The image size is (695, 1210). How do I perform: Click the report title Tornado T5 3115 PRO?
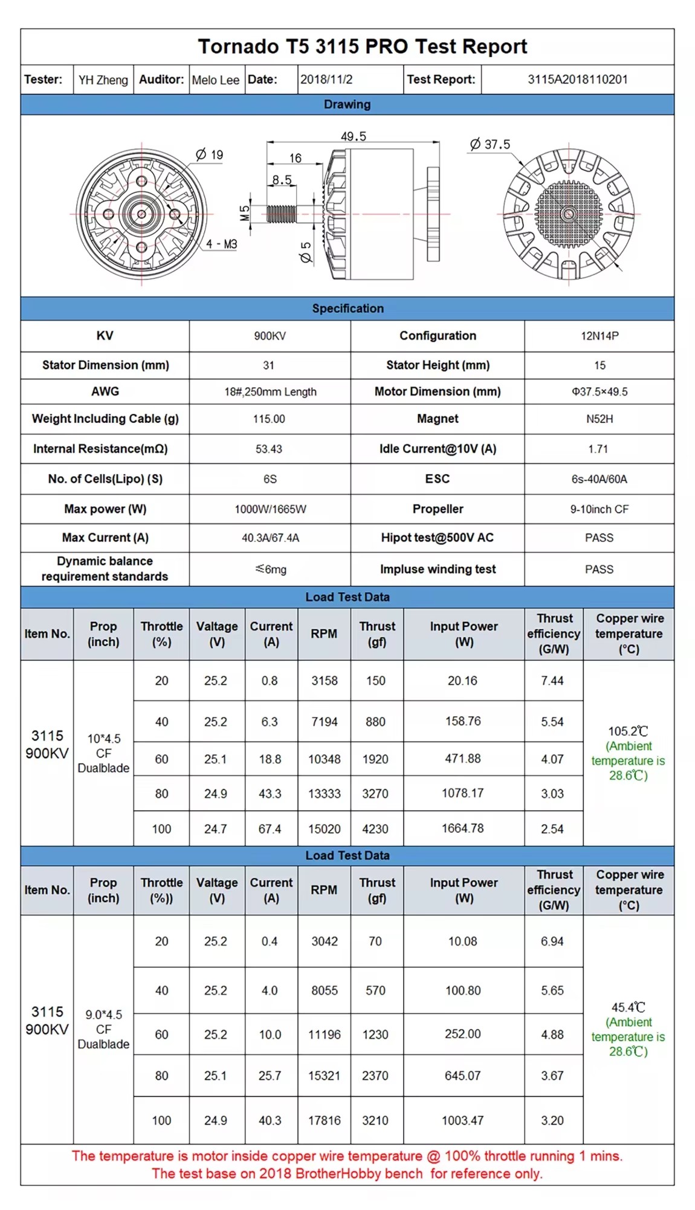pos(362,47)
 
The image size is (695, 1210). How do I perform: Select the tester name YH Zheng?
pos(103,80)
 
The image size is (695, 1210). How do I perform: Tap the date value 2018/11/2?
pos(326,79)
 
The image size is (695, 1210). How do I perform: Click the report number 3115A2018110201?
pos(577,79)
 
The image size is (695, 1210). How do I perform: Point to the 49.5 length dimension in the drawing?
pos(353,137)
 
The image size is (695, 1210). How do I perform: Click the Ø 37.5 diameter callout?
pos(490,145)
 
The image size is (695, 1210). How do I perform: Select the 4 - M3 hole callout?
pos(221,244)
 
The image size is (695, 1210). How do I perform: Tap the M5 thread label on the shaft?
pos(245,213)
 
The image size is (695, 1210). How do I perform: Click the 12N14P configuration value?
pos(599,336)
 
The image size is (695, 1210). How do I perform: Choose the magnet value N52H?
pos(599,419)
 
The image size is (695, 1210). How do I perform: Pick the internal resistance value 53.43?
pos(269,449)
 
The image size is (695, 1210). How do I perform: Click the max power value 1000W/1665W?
pos(270,509)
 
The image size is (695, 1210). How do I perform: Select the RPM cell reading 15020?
pos(324,829)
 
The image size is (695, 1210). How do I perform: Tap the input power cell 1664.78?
pos(462,828)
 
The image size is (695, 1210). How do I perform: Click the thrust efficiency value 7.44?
pos(552,681)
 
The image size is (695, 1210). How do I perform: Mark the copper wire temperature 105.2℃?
pos(628,731)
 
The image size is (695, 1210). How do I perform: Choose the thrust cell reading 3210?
pos(375,1120)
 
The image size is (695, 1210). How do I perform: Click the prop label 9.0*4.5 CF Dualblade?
pos(103,1029)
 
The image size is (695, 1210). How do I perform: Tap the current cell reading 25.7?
pos(270,1076)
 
